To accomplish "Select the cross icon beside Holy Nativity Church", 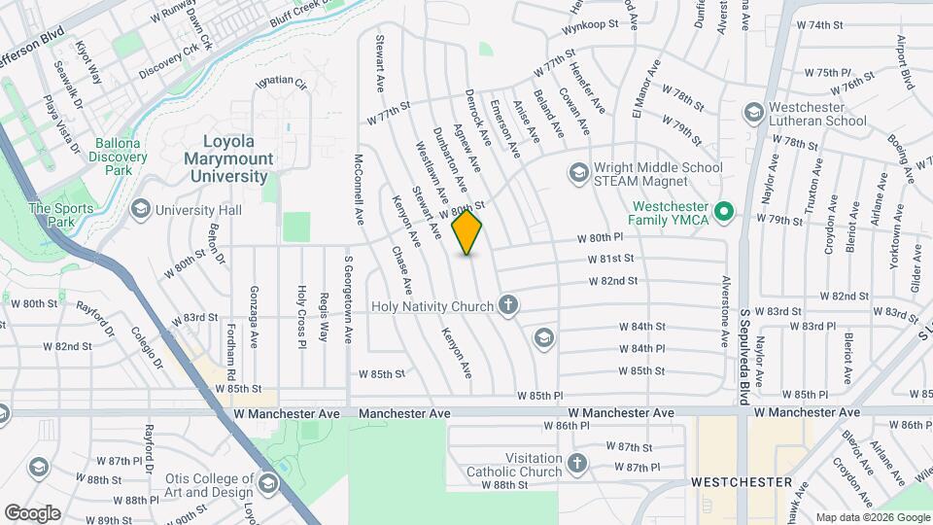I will (x=507, y=306).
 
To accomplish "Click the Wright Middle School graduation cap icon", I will (x=578, y=173).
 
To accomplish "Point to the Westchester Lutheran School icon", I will (x=752, y=113).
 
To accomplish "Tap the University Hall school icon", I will (x=141, y=209).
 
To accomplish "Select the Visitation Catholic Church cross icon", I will (x=577, y=464).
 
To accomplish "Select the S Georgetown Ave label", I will (x=348, y=299).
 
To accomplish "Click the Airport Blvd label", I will (x=905, y=62).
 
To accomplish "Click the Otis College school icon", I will (x=269, y=480).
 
